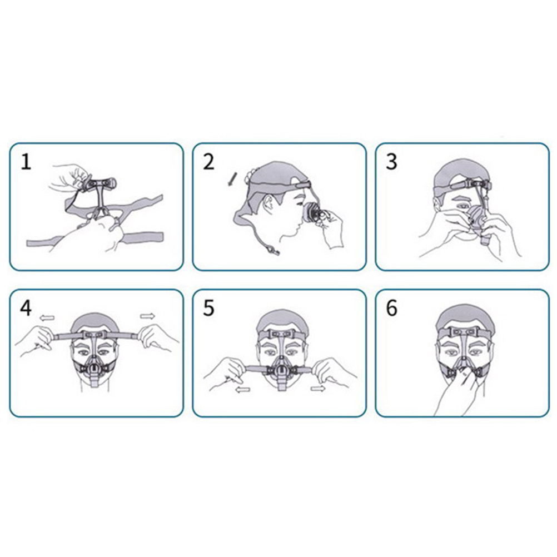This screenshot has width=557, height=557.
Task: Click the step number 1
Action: pos(26,162)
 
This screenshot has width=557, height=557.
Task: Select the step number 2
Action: pos(209,162)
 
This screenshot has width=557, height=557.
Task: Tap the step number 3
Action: pos(391,162)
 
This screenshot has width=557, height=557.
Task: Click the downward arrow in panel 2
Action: pos(231,179)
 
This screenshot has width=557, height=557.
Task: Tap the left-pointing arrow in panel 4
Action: pos(47,317)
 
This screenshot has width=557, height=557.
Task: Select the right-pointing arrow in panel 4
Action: pos(147,316)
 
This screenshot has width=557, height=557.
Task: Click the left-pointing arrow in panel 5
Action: pos(243,390)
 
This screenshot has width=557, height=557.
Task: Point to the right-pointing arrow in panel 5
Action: pos(318,388)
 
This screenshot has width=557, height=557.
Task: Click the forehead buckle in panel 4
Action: pos(96,335)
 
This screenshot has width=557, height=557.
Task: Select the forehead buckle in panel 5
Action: pos(281,334)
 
